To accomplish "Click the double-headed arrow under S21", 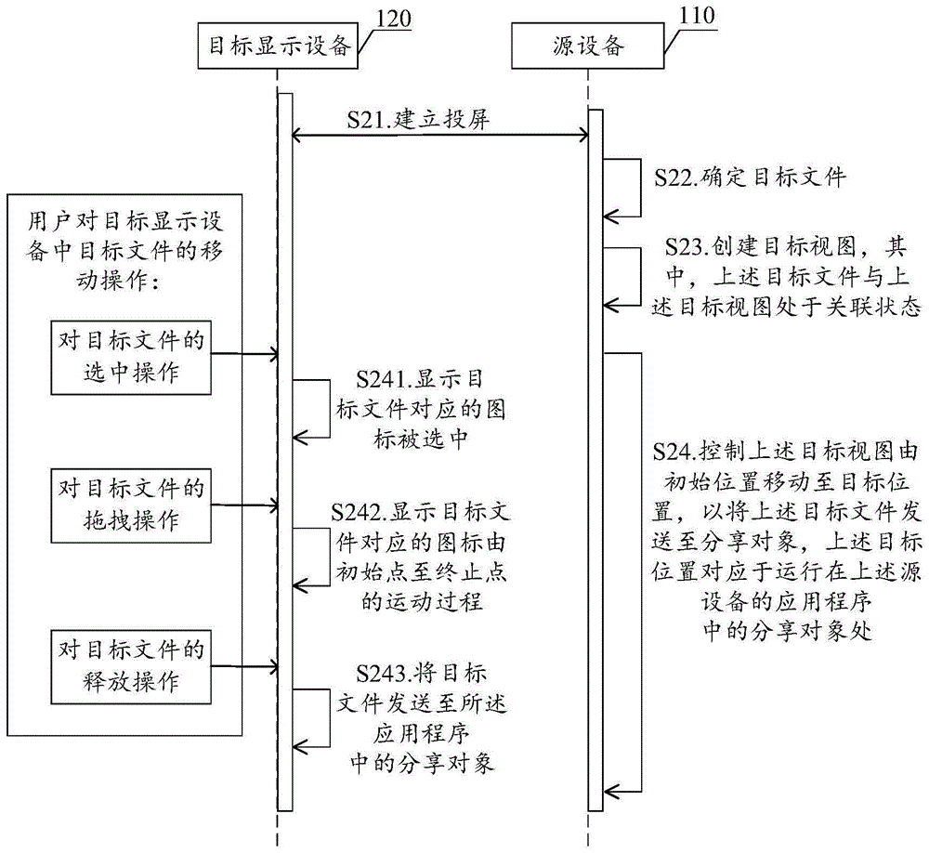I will click(x=441, y=137).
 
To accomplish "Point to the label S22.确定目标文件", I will click(x=751, y=177).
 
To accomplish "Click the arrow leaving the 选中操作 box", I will click(x=244, y=353).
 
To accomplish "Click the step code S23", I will click(x=688, y=247).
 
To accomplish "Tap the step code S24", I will click(x=674, y=453).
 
